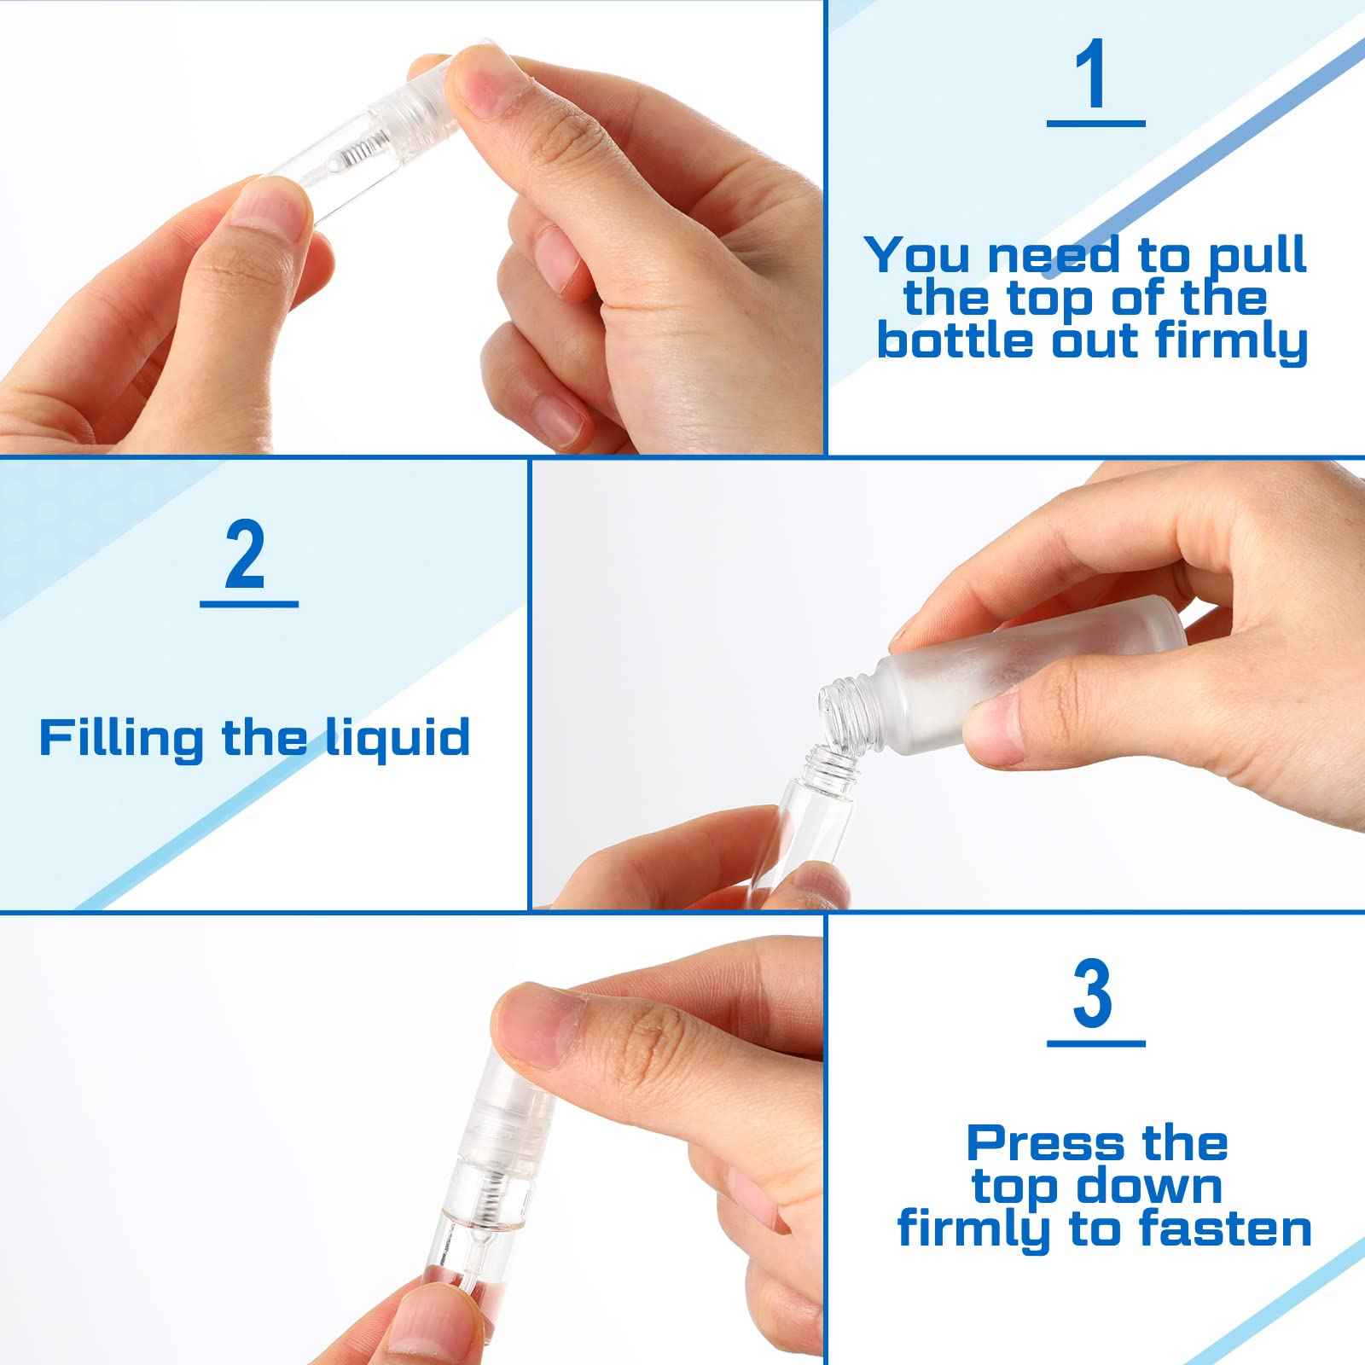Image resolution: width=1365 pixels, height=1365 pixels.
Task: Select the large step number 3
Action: tap(1093, 994)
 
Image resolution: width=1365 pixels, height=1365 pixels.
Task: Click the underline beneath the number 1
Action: tap(1095, 124)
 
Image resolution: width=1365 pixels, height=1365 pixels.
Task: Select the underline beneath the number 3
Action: tap(1095, 1043)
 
